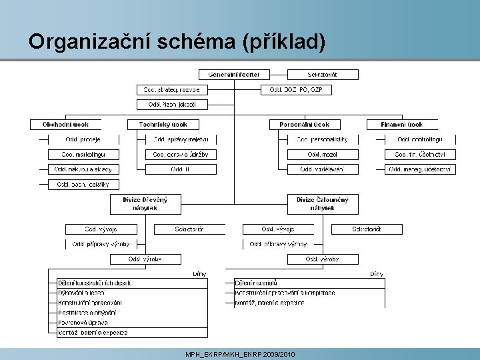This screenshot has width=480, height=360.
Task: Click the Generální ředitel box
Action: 233,74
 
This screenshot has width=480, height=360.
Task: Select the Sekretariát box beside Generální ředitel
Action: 322,74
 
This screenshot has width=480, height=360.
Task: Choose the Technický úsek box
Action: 163,124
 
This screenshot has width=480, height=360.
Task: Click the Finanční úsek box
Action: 402,124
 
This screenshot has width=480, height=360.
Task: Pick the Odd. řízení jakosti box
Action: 171,104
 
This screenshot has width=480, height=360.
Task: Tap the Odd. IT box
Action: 181,169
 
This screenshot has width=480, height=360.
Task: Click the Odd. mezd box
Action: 323,154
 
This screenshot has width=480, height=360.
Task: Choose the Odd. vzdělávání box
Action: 323,169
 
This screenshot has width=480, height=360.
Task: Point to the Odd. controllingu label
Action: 420,139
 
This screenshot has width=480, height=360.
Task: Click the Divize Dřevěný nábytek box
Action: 145,203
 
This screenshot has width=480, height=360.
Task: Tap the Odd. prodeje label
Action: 83,139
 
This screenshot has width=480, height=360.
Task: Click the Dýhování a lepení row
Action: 82,293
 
